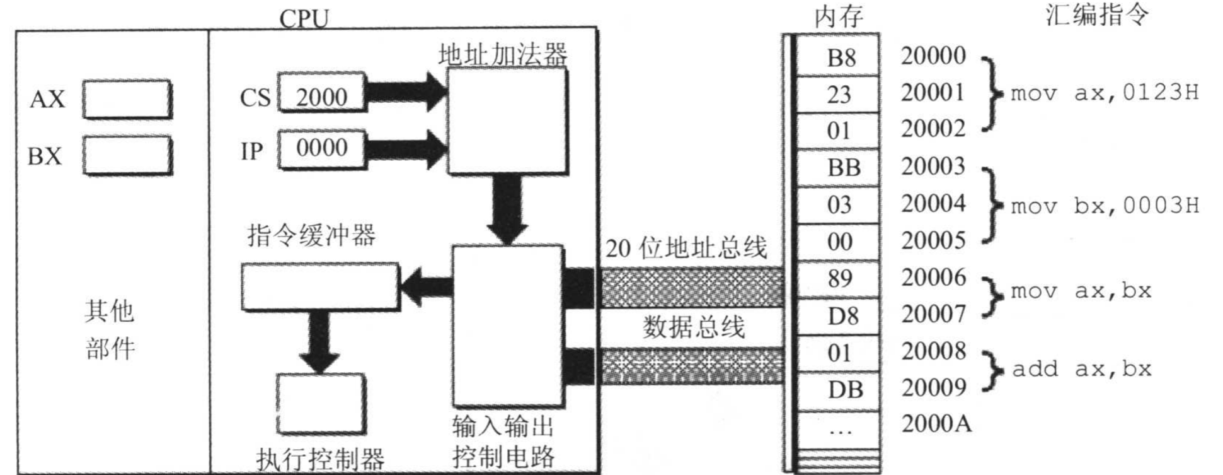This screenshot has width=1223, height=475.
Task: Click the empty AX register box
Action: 127,99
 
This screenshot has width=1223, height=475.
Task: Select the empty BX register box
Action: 127,155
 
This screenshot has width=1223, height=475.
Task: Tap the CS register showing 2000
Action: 321,97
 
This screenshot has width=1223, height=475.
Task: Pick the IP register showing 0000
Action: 321,149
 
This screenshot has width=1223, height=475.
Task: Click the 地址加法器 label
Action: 502,55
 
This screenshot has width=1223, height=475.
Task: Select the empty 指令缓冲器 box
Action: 320,287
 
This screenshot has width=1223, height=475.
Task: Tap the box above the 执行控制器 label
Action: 321,403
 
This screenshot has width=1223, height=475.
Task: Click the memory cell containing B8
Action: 839,58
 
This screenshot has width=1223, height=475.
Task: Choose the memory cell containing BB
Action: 839,168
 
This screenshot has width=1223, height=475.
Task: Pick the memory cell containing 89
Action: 839,279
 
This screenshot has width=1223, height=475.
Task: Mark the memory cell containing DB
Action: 839,390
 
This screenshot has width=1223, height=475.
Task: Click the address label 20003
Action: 933,167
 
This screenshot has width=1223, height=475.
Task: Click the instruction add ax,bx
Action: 1081,369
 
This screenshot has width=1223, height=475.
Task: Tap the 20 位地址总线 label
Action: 686,248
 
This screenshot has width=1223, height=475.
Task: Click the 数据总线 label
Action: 693,327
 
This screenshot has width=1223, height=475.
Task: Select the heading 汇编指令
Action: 1097,15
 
